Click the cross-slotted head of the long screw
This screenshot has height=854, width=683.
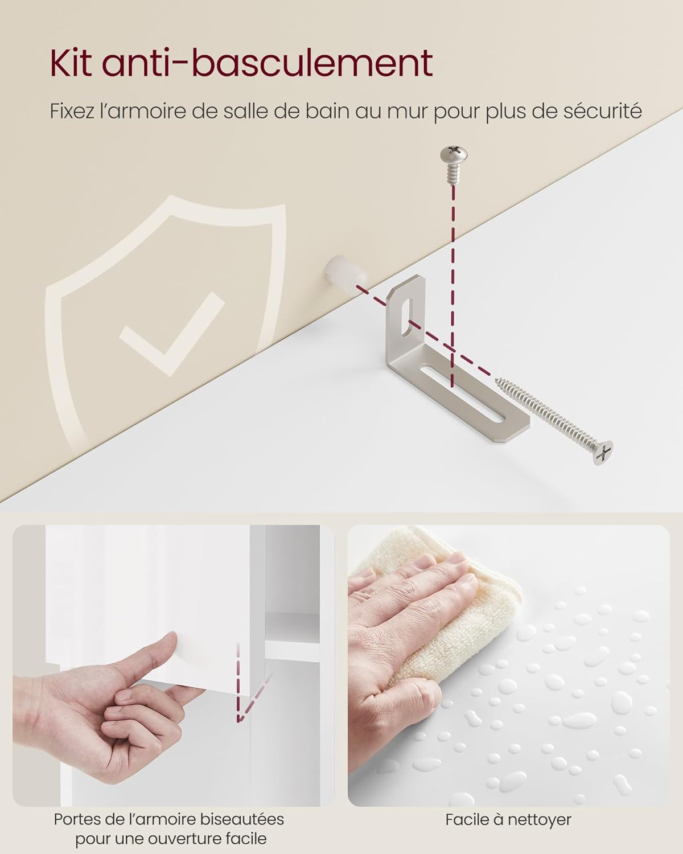(603, 452)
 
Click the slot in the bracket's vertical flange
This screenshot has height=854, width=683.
(407, 318)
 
